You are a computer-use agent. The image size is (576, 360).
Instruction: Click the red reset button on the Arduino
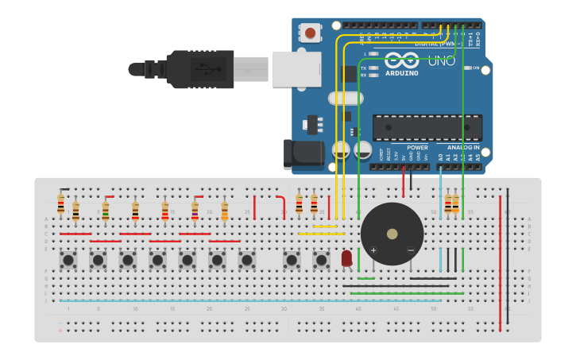[x=310, y=33]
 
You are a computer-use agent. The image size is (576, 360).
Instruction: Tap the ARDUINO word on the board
[x=402, y=73]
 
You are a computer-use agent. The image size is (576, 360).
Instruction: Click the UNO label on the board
[x=442, y=60]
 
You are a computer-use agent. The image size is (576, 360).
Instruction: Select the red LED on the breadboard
[x=346, y=258]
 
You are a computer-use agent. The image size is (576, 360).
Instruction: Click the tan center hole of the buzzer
[x=392, y=234]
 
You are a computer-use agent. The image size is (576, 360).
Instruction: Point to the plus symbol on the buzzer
[x=373, y=250]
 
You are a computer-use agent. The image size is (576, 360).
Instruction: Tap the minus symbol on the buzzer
[x=411, y=250]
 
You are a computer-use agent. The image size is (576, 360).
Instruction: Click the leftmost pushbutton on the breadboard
[x=68, y=259]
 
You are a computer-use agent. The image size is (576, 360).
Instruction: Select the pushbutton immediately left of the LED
[x=322, y=259]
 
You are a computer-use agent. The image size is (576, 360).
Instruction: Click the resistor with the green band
[x=106, y=210]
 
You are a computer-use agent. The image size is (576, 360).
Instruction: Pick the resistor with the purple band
[x=195, y=210]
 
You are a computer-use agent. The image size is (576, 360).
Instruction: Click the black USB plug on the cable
[x=199, y=69]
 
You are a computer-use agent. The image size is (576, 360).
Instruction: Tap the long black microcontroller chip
[x=427, y=127]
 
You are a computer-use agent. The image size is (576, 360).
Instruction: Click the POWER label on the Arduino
[x=417, y=147]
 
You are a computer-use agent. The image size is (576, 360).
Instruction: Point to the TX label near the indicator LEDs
[x=364, y=68]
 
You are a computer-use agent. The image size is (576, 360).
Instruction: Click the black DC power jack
[x=303, y=154]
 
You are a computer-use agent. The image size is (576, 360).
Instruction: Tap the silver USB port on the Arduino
[x=296, y=69]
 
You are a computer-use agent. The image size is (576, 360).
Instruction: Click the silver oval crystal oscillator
[x=345, y=99]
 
